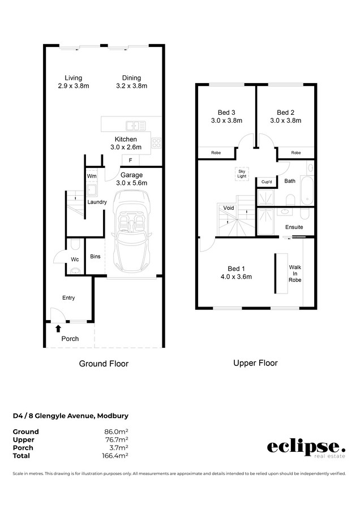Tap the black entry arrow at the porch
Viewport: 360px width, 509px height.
pyautogui.click(x=58, y=329)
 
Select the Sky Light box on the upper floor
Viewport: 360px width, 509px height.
pyautogui.click(x=242, y=174)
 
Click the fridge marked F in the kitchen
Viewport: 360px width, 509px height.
pyautogui.click(x=130, y=161)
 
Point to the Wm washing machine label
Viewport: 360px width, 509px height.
pyautogui.click(x=92, y=176)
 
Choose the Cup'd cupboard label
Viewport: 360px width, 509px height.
pyautogui.click(x=267, y=182)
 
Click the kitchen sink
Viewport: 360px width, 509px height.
pyautogui.click(x=136, y=126)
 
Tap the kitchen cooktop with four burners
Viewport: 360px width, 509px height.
pyautogui.click(x=156, y=143)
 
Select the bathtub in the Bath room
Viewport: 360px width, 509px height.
pyautogui.click(x=307, y=191)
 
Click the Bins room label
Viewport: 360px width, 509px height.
pyautogui.click(x=95, y=256)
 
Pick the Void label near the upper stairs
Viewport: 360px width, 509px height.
pyautogui.click(x=229, y=208)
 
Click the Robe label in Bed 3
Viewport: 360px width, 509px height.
pyautogui.click(x=216, y=153)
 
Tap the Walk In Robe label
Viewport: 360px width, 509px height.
pyautogui.click(x=295, y=273)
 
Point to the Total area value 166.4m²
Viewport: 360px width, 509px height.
pyautogui.click(x=115, y=456)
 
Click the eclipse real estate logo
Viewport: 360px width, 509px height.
pyautogui.click(x=306, y=449)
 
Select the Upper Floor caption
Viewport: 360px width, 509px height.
pyautogui.click(x=255, y=363)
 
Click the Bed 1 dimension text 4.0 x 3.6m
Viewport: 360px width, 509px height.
pyautogui.click(x=236, y=277)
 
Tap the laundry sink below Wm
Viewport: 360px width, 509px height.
pyautogui.click(x=92, y=190)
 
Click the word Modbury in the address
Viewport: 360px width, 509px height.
pyautogui.click(x=113, y=416)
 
